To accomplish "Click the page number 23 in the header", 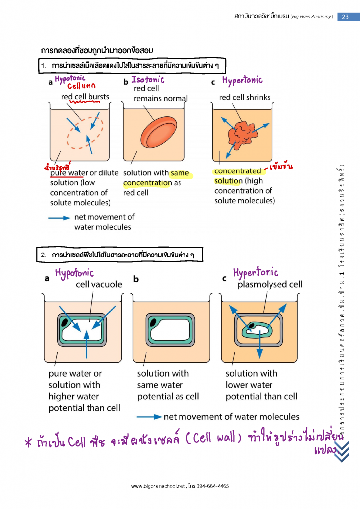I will pyautogui.click(x=345, y=16).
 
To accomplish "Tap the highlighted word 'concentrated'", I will pyautogui.click(x=237, y=171).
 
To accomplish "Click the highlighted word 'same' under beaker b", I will pyautogui.click(x=180, y=173).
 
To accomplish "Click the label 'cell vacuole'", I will pyautogui.click(x=98, y=285).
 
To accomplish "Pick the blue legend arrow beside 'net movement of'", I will pyautogui.click(x=59, y=217).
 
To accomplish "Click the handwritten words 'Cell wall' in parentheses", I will pyautogui.click(x=213, y=440).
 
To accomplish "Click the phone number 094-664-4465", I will pyautogui.click(x=212, y=486).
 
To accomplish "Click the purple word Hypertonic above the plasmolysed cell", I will pyautogui.click(x=256, y=273).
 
